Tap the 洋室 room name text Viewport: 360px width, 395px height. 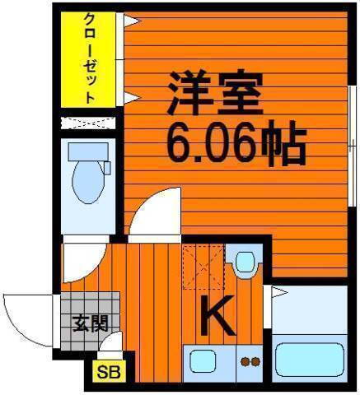click(x=217, y=95)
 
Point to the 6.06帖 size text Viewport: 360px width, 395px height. click(x=236, y=144)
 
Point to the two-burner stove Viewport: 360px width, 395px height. click(x=249, y=360)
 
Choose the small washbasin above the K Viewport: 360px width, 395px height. click(x=245, y=263)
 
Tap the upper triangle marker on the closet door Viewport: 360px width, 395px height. click(x=130, y=22)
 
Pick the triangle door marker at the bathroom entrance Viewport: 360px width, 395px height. click(x=279, y=292)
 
